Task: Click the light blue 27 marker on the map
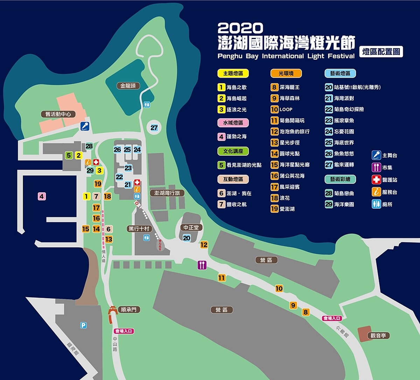pos(154,128)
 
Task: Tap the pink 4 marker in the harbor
pos(42,196)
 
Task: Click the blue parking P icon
pos(83,325)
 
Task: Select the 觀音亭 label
pos(378,336)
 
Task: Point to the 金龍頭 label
pos(128,85)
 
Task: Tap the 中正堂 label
pos(191,228)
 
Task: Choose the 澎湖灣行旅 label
pos(167,193)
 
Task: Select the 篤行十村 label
pos(139,229)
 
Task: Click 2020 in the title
pos(240,28)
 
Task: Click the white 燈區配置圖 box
pos(381,52)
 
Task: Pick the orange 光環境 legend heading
pos(286,73)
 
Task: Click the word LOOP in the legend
pos(286,109)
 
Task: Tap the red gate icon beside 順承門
pos(113,310)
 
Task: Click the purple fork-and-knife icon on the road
pos(202,265)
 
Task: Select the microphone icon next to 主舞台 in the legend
pos(376,155)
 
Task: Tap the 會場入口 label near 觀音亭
pos(332,318)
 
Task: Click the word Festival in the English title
pos(341,56)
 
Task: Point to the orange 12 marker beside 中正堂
pos(204,245)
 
